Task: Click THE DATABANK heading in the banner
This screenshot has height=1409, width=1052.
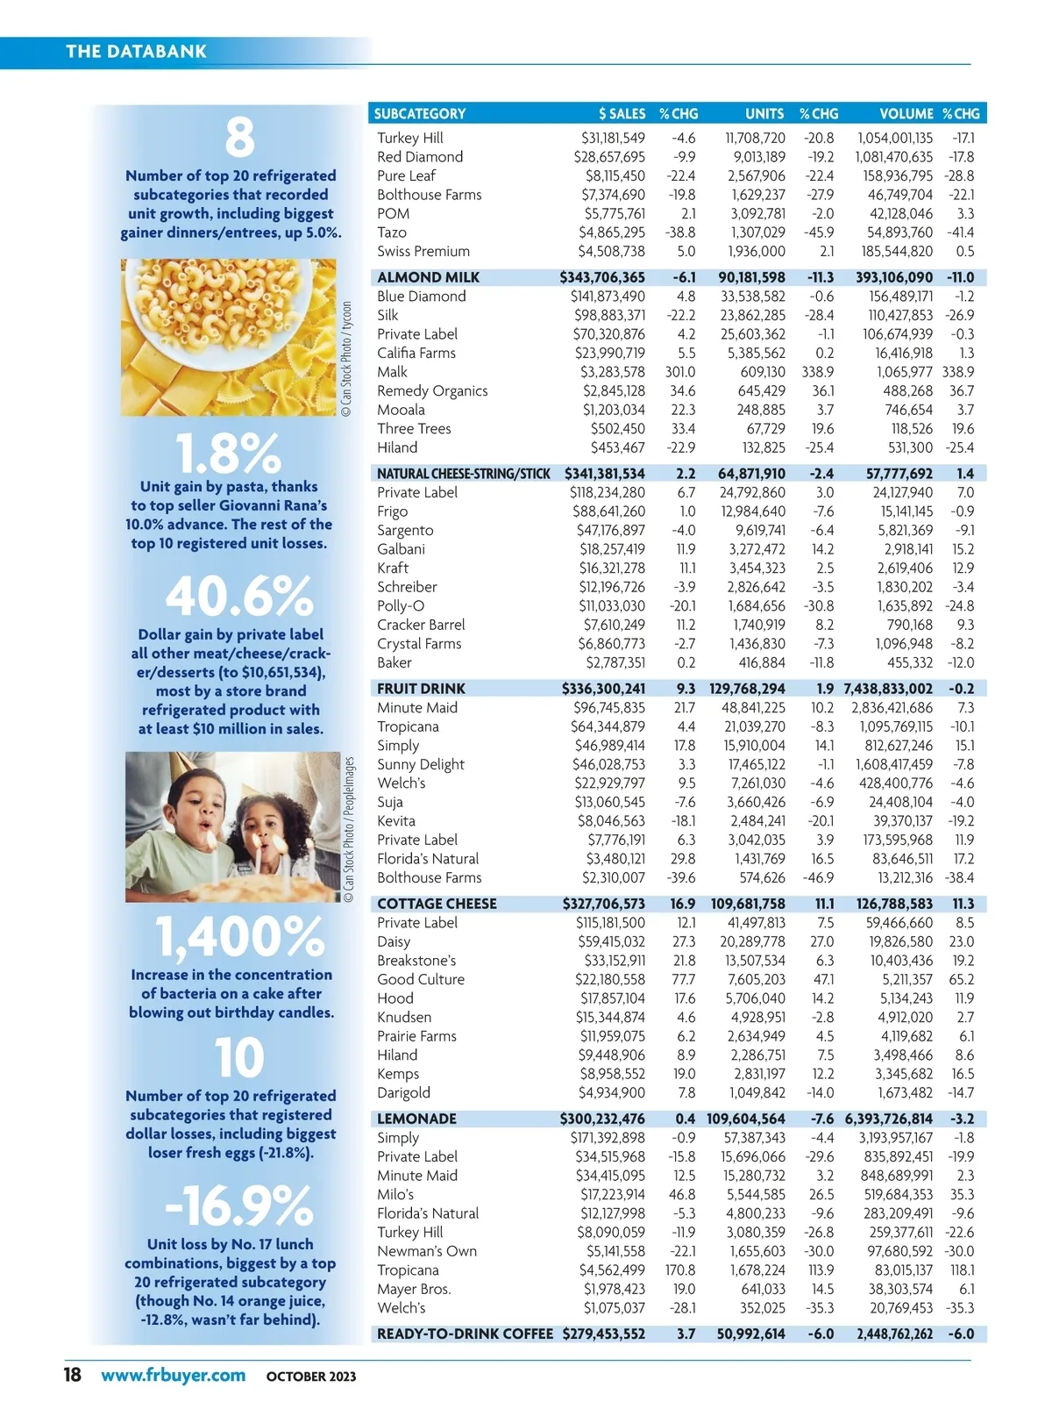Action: (x=136, y=51)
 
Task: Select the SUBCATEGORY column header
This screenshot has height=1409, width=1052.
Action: (x=419, y=113)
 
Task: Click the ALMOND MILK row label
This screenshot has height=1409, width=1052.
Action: (x=428, y=277)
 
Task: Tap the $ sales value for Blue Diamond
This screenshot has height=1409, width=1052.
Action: (x=608, y=297)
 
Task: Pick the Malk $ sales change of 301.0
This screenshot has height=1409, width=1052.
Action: (x=679, y=372)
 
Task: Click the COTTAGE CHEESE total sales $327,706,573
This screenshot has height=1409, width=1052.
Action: (x=603, y=904)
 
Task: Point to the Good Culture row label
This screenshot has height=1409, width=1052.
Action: (x=421, y=979)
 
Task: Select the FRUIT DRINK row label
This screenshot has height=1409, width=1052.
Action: (x=421, y=689)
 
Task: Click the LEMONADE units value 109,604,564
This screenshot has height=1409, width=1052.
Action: (x=746, y=1119)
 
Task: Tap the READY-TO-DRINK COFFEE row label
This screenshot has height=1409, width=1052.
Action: (x=465, y=1334)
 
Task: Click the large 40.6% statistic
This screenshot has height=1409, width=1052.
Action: (x=238, y=597)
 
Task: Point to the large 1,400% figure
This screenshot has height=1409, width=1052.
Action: (x=240, y=936)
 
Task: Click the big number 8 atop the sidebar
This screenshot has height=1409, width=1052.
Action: (x=239, y=138)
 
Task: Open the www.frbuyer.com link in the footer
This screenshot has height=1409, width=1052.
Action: (x=173, y=1375)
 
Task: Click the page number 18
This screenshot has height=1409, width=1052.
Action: (x=72, y=1374)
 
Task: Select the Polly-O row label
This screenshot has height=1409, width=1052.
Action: (x=401, y=606)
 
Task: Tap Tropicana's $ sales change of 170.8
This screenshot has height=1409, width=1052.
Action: (x=679, y=1270)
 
